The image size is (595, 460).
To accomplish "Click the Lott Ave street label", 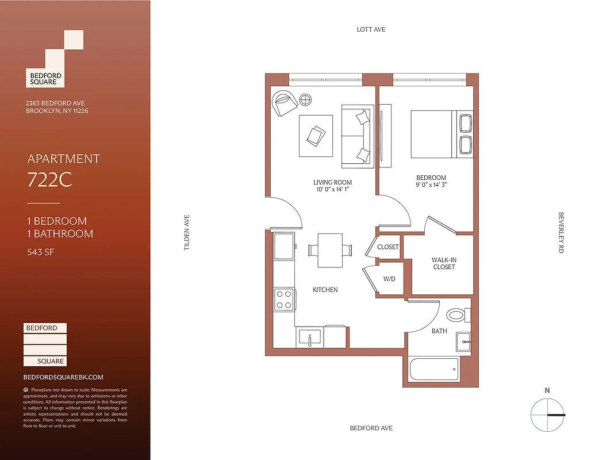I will click(x=371, y=29).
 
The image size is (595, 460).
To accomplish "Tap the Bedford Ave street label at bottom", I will click(x=371, y=428).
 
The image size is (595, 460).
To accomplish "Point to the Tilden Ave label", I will click(x=186, y=232).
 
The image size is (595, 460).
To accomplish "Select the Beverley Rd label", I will click(x=561, y=232).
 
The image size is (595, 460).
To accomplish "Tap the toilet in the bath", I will click(x=458, y=315).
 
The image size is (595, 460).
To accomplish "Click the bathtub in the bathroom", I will click(x=434, y=369).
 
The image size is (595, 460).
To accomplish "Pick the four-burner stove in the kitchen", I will click(x=284, y=298).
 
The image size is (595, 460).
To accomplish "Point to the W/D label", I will click(x=389, y=279).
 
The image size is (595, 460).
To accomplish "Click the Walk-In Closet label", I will click(x=443, y=263).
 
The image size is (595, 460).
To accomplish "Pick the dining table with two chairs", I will click(x=330, y=250).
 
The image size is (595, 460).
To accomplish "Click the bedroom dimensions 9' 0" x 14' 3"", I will click(x=431, y=185).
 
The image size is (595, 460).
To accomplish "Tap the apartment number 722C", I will click(x=49, y=181).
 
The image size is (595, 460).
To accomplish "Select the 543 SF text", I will click(x=41, y=251).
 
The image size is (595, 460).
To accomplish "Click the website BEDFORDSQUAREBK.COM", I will click(x=63, y=377).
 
